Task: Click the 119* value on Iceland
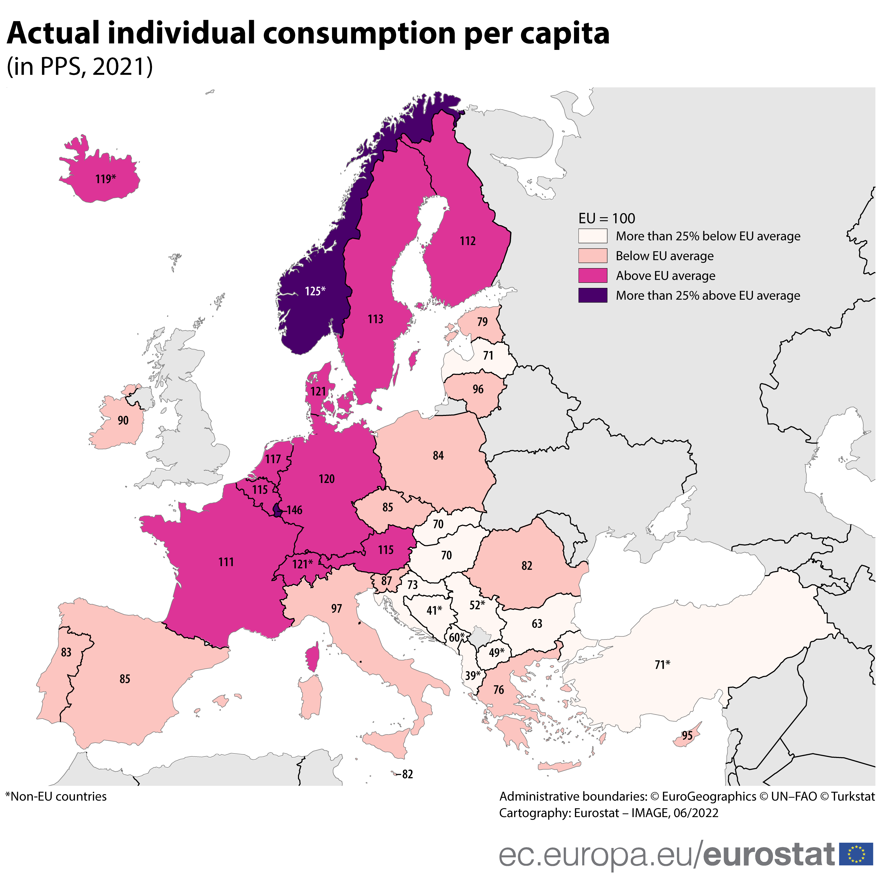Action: (105, 179)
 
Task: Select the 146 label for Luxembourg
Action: (294, 510)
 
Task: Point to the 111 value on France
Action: (226, 562)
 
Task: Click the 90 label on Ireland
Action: (123, 420)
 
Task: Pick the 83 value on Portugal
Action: (66, 652)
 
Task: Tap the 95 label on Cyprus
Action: (687, 735)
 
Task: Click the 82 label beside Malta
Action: (407, 774)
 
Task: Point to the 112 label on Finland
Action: (468, 241)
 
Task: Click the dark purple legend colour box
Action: (592, 296)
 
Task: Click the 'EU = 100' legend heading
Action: (606, 219)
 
